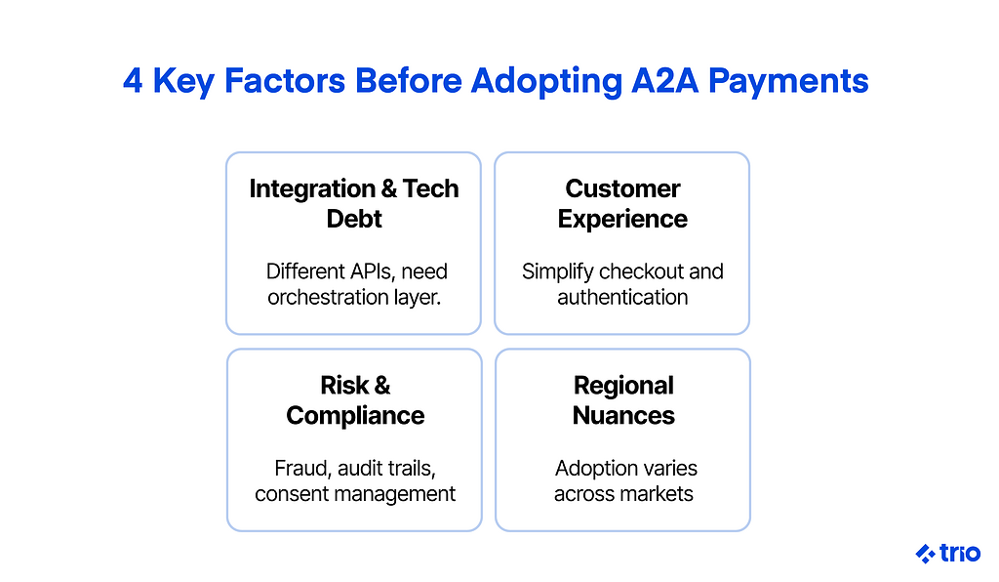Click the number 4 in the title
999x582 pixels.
[x=133, y=81]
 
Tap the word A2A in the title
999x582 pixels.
[x=664, y=81]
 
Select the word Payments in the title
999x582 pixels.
[x=788, y=82]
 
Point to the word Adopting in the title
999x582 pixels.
[x=546, y=82]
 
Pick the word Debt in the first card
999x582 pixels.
[x=354, y=219]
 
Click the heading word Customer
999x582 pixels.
[x=622, y=188]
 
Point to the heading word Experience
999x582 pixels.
[x=622, y=220]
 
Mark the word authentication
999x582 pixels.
[x=622, y=297]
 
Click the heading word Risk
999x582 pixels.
[x=344, y=385]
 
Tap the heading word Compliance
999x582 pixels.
[x=355, y=416]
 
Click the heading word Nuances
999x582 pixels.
[x=623, y=416]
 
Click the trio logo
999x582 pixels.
[x=948, y=554]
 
